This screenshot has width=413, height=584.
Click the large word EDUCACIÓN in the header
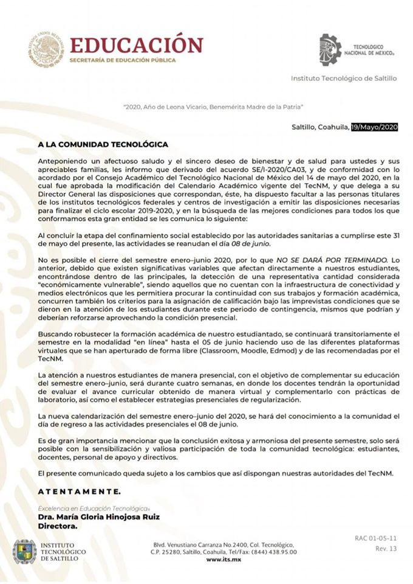click(x=136, y=46)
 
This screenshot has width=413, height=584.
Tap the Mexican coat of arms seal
click(x=45, y=49)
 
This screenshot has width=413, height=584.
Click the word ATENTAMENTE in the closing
click(x=79, y=490)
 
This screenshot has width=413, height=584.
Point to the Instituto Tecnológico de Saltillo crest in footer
click(x=24, y=551)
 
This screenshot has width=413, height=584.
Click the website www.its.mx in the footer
click(x=224, y=560)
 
